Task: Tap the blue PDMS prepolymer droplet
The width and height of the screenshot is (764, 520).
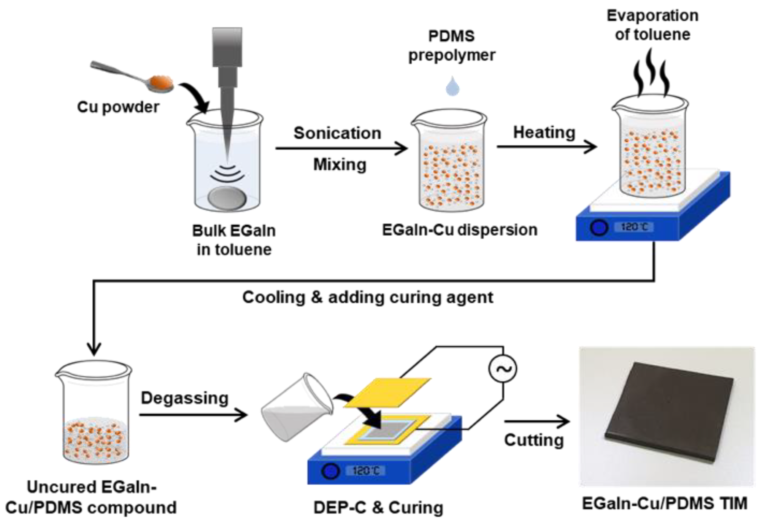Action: [x=452, y=86]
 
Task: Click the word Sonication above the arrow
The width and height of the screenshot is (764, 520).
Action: [x=337, y=133]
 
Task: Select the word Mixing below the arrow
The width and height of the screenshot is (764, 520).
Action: [x=340, y=164]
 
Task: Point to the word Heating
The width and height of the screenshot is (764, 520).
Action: [x=544, y=132]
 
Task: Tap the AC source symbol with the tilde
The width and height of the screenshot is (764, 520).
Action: [x=502, y=369]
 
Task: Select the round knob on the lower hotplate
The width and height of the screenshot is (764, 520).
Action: [x=330, y=471]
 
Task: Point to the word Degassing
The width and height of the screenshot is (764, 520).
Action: [x=184, y=398]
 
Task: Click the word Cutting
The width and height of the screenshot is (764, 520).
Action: [x=534, y=440]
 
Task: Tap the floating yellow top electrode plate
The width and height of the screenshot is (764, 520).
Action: [x=387, y=393]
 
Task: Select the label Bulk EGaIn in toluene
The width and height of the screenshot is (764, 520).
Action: [x=234, y=240]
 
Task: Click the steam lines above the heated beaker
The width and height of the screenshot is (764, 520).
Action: [x=651, y=74]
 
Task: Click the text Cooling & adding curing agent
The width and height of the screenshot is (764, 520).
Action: [x=367, y=297]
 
